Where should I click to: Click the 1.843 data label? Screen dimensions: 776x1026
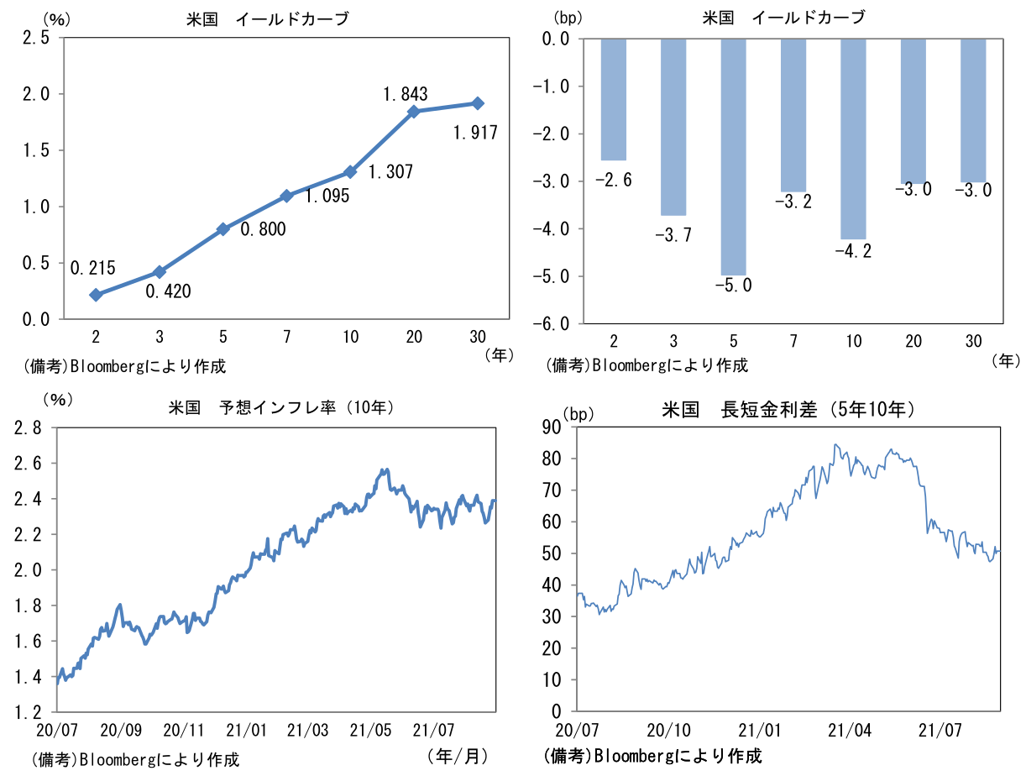point(406,94)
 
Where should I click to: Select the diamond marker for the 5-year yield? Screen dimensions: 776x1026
point(223,229)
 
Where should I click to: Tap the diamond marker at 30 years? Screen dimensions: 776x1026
point(478,103)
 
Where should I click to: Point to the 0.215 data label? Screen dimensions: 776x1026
point(93,269)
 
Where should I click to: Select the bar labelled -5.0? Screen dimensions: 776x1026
point(733,156)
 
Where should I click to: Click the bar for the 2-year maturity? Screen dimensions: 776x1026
point(614,99)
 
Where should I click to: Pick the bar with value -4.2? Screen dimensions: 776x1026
point(853,139)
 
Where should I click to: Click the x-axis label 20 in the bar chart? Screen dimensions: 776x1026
point(913,340)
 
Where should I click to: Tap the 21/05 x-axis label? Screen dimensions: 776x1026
point(370,728)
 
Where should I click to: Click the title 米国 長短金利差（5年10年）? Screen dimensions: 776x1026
point(788,410)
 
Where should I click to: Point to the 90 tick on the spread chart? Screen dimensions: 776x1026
point(552,427)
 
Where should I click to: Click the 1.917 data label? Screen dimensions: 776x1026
point(475,132)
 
